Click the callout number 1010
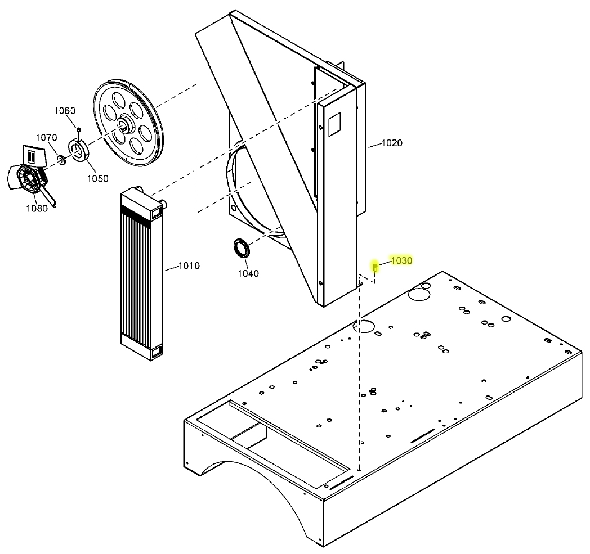pyautogui.click(x=189, y=265)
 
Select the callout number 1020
pyautogui.click(x=392, y=143)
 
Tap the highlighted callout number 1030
pyautogui.click(x=402, y=260)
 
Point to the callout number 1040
pyautogui.click(x=248, y=273)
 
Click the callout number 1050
pyautogui.click(x=97, y=178)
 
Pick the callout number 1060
pyautogui.click(x=65, y=110)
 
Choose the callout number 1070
pyautogui.click(x=47, y=138)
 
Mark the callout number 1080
pyautogui.click(x=38, y=208)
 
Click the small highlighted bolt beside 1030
pyautogui.click(x=375, y=267)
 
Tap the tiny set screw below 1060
pyautogui.click(x=79, y=130)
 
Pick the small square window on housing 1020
pyautogui.click(x=334, y=124)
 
